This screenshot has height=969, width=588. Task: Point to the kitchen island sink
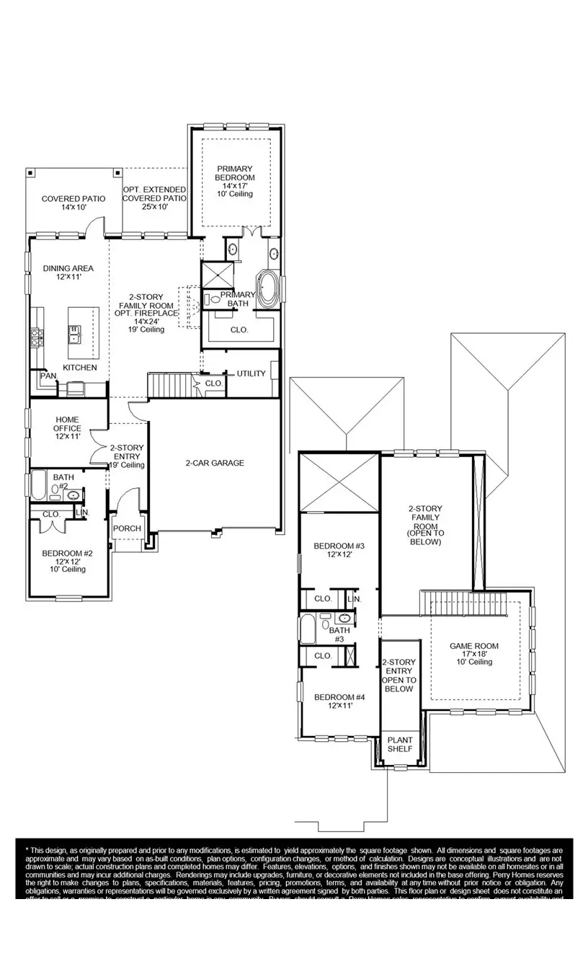74,334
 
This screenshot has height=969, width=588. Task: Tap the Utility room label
251,373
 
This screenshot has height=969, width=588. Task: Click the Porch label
128,528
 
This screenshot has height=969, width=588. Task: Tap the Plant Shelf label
400,744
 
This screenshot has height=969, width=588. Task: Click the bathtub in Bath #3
308,629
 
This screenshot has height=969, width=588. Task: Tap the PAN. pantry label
48,376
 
